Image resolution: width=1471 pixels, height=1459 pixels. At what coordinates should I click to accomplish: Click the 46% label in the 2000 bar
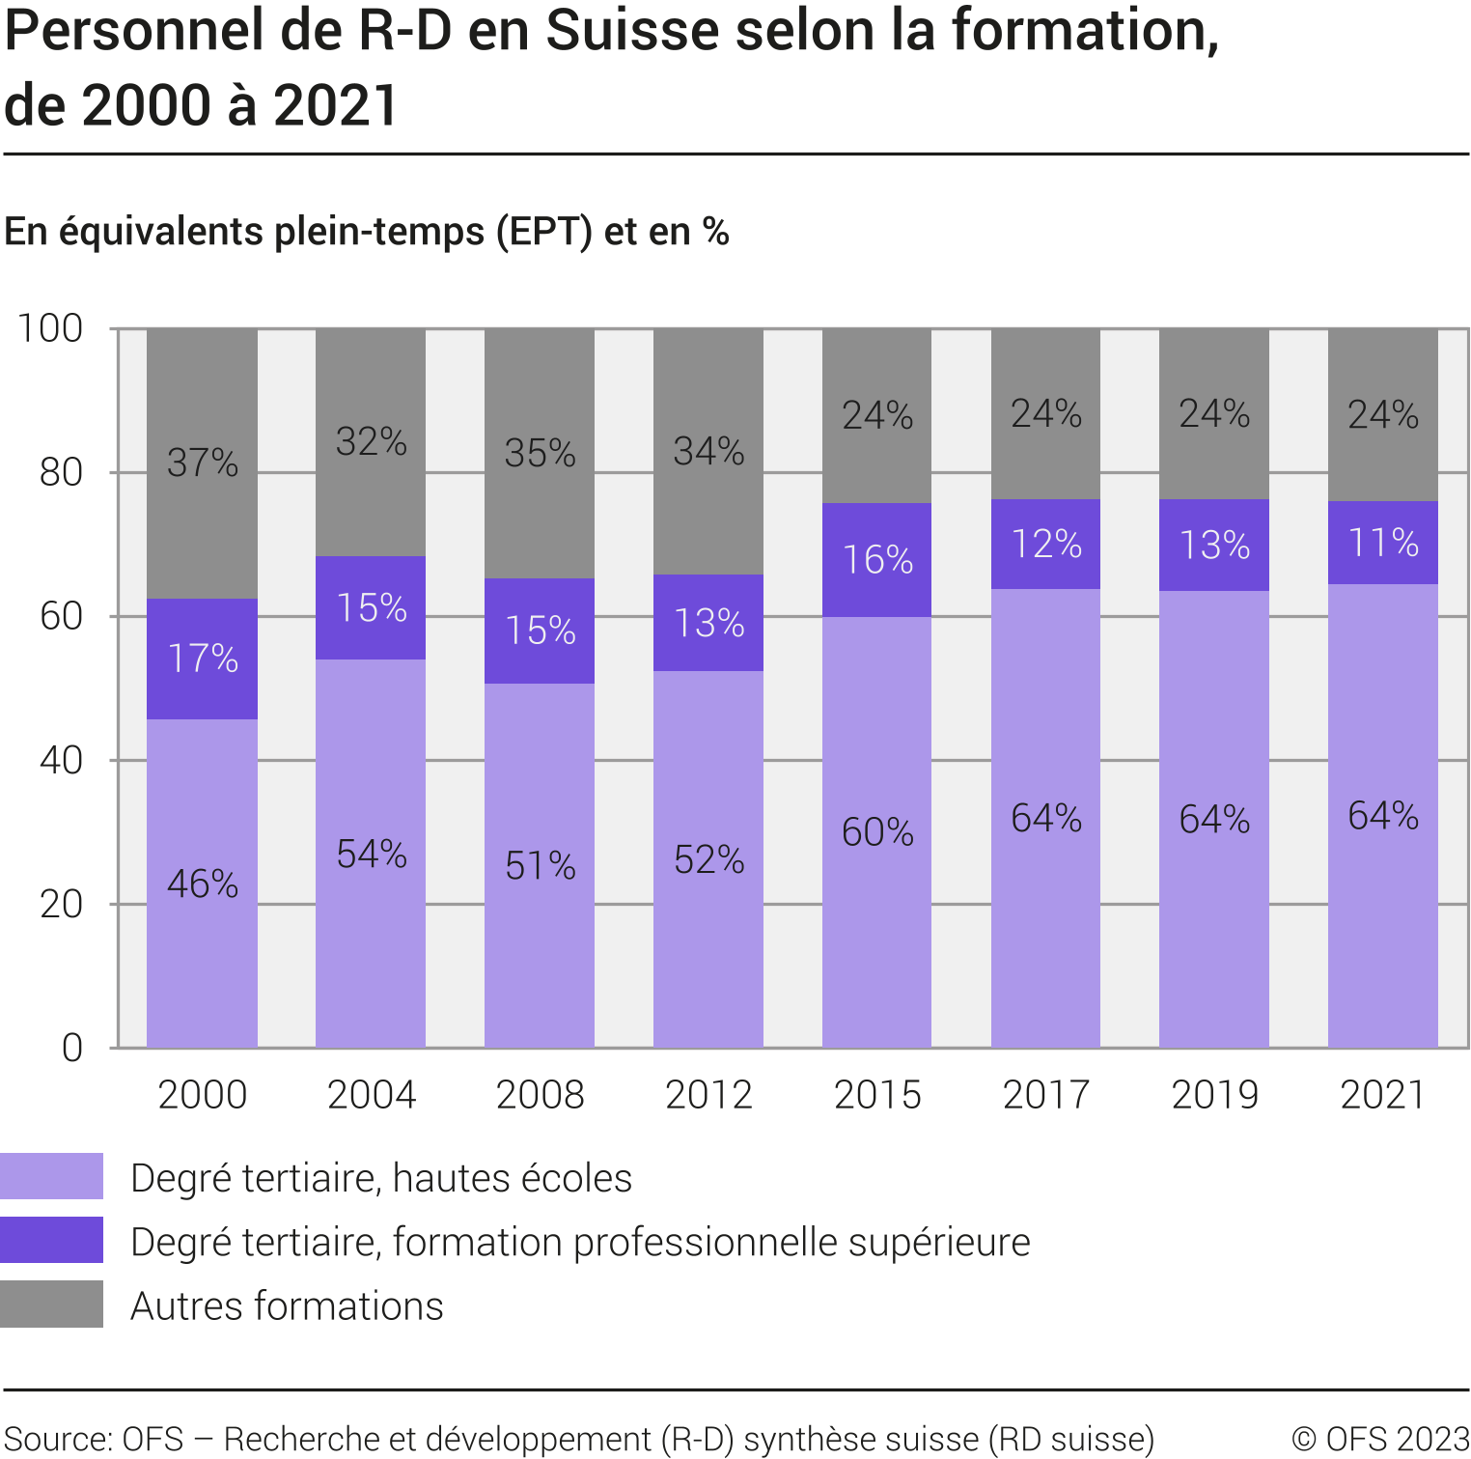[203, 884]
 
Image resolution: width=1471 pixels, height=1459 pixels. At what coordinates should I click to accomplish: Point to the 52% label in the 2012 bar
[708, 859]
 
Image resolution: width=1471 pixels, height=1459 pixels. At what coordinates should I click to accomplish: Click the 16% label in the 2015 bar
[877, 560]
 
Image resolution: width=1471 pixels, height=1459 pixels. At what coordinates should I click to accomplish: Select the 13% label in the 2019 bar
[1214, 546]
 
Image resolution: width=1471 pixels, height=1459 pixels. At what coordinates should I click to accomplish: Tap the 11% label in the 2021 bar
[1383, 543]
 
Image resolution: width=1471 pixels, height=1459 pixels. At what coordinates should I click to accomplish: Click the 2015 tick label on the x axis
[877, 1095]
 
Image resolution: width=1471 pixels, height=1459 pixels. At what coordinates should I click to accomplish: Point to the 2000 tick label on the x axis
[203, 1095]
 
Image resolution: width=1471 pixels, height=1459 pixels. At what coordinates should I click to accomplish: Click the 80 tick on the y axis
[61, 472]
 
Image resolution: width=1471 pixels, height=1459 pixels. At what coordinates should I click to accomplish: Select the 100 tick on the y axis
[50, 328]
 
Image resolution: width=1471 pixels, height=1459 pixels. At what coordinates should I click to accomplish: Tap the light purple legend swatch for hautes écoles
[51, 1176]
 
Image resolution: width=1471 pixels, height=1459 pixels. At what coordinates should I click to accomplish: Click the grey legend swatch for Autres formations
[51, 1304]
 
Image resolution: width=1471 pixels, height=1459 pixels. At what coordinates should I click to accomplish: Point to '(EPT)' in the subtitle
[544, 232]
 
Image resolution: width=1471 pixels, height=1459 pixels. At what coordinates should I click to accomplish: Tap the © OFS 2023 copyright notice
[1379, 1439]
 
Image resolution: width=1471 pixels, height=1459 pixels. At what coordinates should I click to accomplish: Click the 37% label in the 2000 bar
[203, 463]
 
